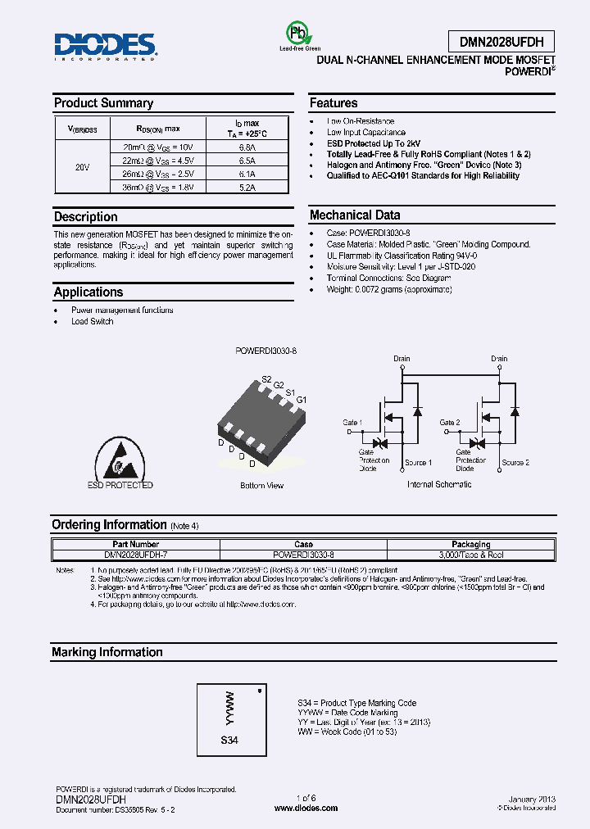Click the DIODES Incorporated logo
point(105,47)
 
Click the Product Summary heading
point(103,103)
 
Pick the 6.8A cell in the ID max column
point(247,147)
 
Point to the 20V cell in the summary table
point(81,167)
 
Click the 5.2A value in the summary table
point(247,188)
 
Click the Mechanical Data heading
point(355,215)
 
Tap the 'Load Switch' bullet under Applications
point(92,321)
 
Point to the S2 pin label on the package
point(266,379)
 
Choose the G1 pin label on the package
point(301,399)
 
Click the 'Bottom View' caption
point(261,486)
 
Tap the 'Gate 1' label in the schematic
point(352,423)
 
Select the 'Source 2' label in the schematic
point(515,463)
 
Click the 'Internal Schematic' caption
point(439,485)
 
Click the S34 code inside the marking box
point(230,740)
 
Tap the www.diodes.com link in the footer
point(306,808)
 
